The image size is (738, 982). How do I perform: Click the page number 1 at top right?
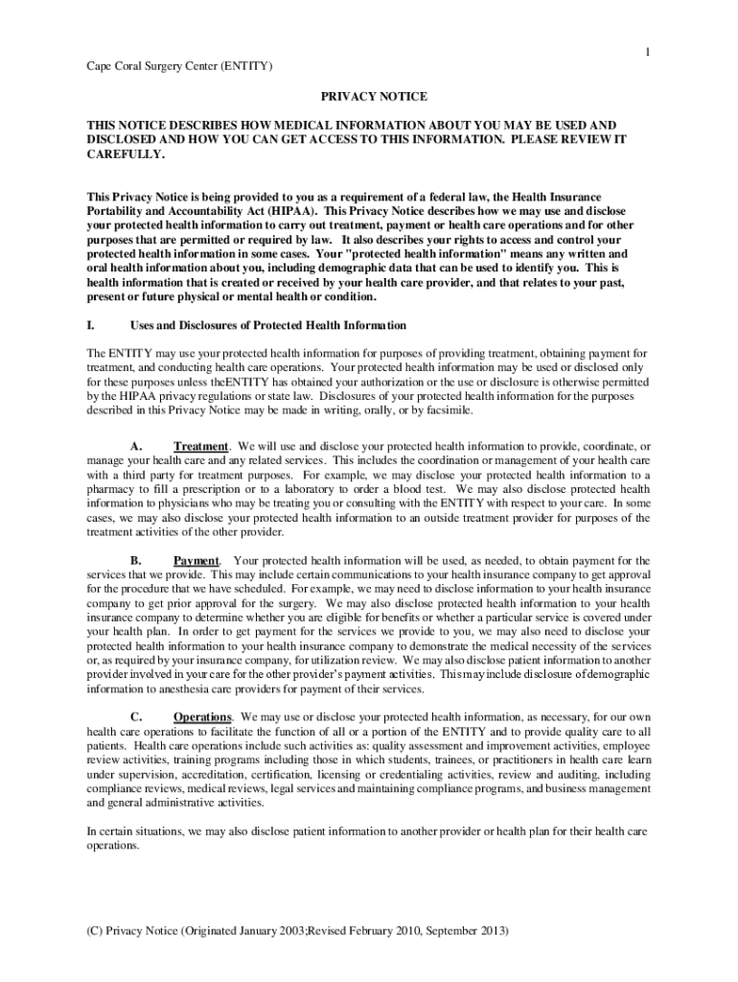point(647,51)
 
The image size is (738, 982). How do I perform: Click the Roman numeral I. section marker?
point(90,325)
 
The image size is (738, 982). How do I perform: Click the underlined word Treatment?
point(200,447)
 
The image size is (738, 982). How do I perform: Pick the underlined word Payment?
point(196,560)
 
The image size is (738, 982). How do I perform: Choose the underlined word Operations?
point(202,716)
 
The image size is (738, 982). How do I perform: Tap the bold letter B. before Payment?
point(136,560)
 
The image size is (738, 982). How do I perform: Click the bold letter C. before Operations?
point(136,716)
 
